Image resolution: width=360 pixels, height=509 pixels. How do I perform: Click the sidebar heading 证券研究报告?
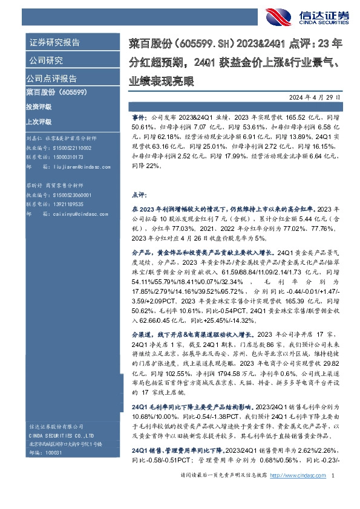[x=54, y=43]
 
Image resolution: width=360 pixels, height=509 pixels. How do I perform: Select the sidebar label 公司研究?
[x=45, y=60]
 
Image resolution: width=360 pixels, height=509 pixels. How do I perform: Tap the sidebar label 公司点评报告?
[x=51, y=79]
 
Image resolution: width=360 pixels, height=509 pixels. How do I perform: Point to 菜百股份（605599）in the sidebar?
[x=57, y=92]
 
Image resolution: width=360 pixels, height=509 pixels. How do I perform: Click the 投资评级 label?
[x=39, y=106]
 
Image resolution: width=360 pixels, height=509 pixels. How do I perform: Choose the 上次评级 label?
[x=39, y=121]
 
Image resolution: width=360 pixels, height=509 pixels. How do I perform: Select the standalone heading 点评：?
[x=139, y=196]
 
